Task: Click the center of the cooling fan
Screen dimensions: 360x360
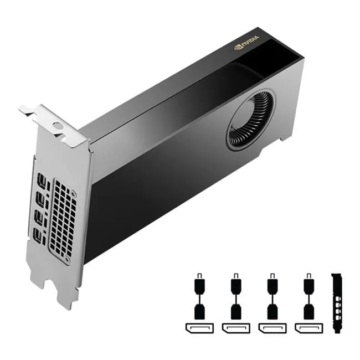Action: click(x=250, y=121)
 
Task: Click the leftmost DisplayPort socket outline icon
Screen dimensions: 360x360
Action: click(x=198, y=327)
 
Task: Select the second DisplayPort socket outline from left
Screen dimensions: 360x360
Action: click(x=235, y=327)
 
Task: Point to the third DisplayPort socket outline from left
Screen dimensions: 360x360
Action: click(x=271, y=327)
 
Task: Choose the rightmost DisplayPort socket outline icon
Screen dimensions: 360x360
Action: click(x=307, y=327)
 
